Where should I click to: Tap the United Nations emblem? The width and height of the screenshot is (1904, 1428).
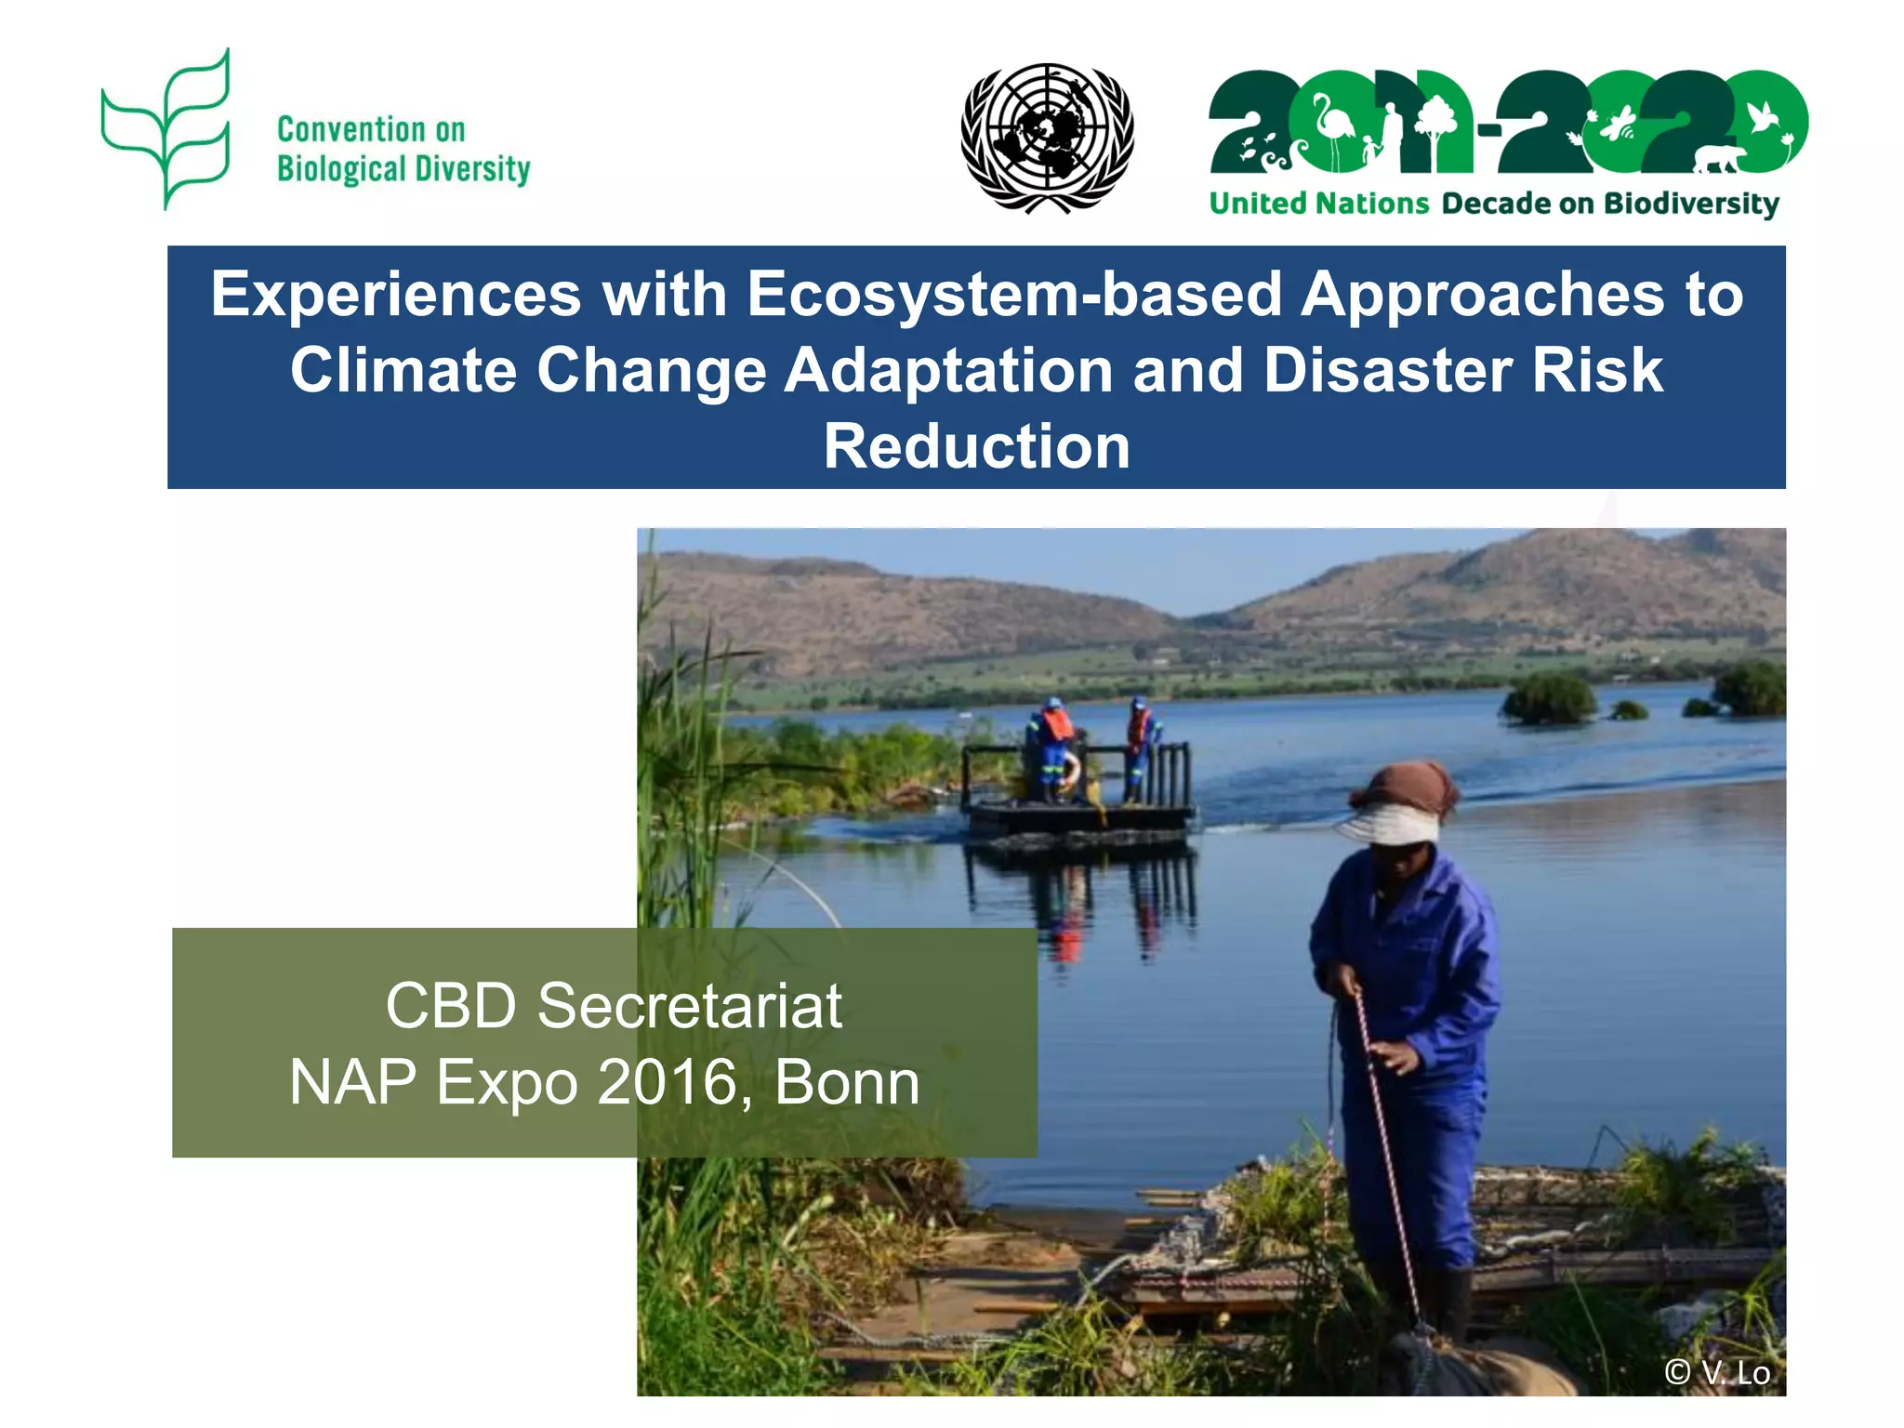tap(1047, 138)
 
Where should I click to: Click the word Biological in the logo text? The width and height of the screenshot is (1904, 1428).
tap(341, 169)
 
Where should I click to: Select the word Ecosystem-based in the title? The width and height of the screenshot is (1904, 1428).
tap(1014, 295)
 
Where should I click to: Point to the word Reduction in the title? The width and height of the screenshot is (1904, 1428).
tap(976, 446)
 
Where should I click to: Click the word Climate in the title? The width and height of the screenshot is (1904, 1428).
tap(403, 370)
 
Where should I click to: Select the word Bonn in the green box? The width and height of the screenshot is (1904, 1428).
tap(847, 1082)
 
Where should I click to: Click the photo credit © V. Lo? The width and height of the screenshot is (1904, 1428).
tap(1716, 1372)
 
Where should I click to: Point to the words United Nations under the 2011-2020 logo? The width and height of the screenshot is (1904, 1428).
tap(1318, 204)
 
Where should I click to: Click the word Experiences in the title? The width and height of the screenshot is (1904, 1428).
tap(395, 295)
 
